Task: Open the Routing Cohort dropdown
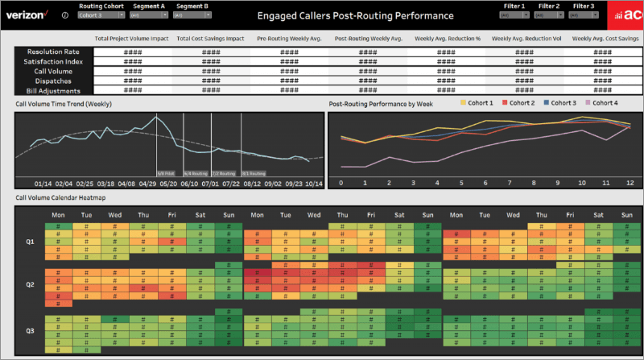tap(101, 15)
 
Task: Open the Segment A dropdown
tap(148, 15)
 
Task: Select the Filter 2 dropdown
tap(549, 15)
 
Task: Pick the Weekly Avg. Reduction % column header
tap(448, 38)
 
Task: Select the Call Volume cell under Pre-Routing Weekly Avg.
tap(288, 72)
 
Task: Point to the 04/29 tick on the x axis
tap(148, 183)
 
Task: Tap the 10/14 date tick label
tap(315, 183)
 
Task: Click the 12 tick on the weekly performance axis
tap(630, 183)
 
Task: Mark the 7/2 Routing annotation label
tap(224, 172)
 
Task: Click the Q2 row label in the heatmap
tap(30, 283)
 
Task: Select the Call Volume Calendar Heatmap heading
tap(60, 197)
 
